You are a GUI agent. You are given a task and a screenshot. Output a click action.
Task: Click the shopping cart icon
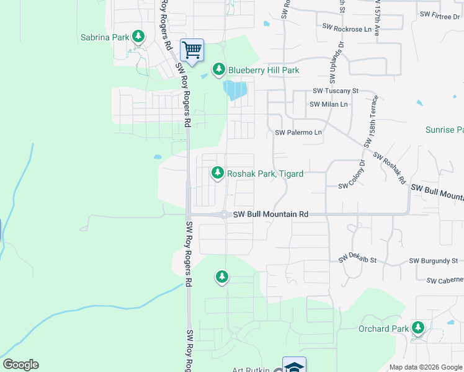(192, 49)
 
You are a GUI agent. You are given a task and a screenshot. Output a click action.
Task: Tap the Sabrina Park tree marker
(138, 37)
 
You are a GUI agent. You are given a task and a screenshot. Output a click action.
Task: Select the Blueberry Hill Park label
(264, 70)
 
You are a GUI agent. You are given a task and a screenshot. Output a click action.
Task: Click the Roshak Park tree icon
(218, 173)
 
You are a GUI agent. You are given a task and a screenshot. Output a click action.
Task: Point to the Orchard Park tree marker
(418, 327)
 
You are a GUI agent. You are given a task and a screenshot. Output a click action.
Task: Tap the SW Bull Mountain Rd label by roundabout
(270, 215)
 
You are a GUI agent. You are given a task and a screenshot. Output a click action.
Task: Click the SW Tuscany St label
(336, 91)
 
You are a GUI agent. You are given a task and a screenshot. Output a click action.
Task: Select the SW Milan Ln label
(329, 104)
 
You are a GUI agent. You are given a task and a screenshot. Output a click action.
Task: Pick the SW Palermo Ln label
(298, 133)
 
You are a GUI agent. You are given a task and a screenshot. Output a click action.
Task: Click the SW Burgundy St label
(434, 261)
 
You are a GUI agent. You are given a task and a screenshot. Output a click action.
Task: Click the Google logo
(20, 365)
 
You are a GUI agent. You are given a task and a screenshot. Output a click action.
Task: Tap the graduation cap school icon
(294, 366)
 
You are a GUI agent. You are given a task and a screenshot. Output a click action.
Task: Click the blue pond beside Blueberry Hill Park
(236, 91)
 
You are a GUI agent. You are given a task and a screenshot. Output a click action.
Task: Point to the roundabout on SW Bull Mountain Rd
(223, 215)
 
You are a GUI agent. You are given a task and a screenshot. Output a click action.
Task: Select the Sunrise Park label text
(444, 130)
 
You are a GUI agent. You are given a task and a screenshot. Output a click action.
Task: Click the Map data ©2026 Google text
(425, 367)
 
